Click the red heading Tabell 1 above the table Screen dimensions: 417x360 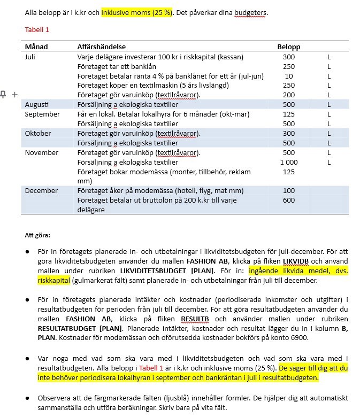coord(36,29)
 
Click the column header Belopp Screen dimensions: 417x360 coord(288,47)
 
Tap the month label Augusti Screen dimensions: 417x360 coord(36,105)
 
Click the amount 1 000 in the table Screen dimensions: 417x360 coord(289,163)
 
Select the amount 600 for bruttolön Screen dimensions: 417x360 coord(289,200)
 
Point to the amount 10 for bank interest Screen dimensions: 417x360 coord(289,76)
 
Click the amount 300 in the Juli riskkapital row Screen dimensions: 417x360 coord(289,57)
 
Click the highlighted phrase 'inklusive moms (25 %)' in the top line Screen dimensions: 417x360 coord(136,12)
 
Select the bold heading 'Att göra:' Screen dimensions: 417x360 coord(37,235)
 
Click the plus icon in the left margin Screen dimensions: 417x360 coord(14,95)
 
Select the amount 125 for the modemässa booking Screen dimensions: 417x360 coord(289,172)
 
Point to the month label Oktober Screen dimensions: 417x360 coord(37,134)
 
